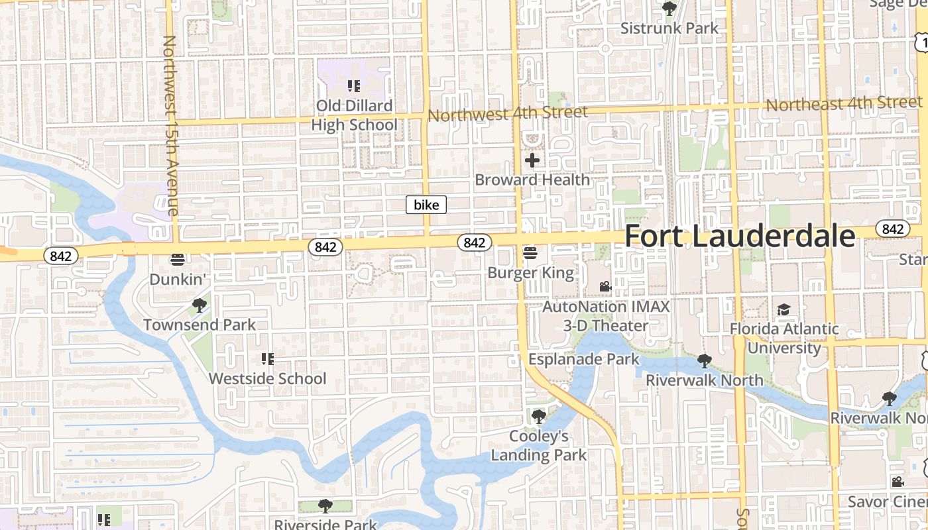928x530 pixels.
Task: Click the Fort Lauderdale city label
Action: coord(740,237)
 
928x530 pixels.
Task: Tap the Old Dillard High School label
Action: coord(354,115)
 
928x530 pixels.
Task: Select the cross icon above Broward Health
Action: coord(532,160)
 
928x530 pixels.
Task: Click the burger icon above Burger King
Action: coord(530,252)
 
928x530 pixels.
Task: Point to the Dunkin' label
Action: coord(176,279)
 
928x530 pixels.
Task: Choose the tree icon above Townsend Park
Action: coord(199,305)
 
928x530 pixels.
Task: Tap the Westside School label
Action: coord(268,378)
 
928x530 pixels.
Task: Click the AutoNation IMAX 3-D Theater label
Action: coord(606,316)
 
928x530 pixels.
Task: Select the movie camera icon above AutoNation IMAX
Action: coord(605,286)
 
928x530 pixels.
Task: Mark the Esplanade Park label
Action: coord(584,359)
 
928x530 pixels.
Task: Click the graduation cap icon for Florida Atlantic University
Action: coord(784,309)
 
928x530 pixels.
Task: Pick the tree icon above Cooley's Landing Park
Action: coord(539,417)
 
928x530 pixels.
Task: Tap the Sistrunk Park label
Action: coord(669,28)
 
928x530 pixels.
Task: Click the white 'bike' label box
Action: coord(426,205)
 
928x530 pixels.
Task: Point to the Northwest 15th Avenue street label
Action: coord(170,126)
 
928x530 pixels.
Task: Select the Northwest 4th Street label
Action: coord(508,113)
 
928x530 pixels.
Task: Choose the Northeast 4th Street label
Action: coord(844,103)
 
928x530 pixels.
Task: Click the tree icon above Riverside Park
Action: coord(325,507)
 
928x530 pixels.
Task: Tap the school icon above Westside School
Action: coord(268,359)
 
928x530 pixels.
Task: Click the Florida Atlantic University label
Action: coord(784,338)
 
